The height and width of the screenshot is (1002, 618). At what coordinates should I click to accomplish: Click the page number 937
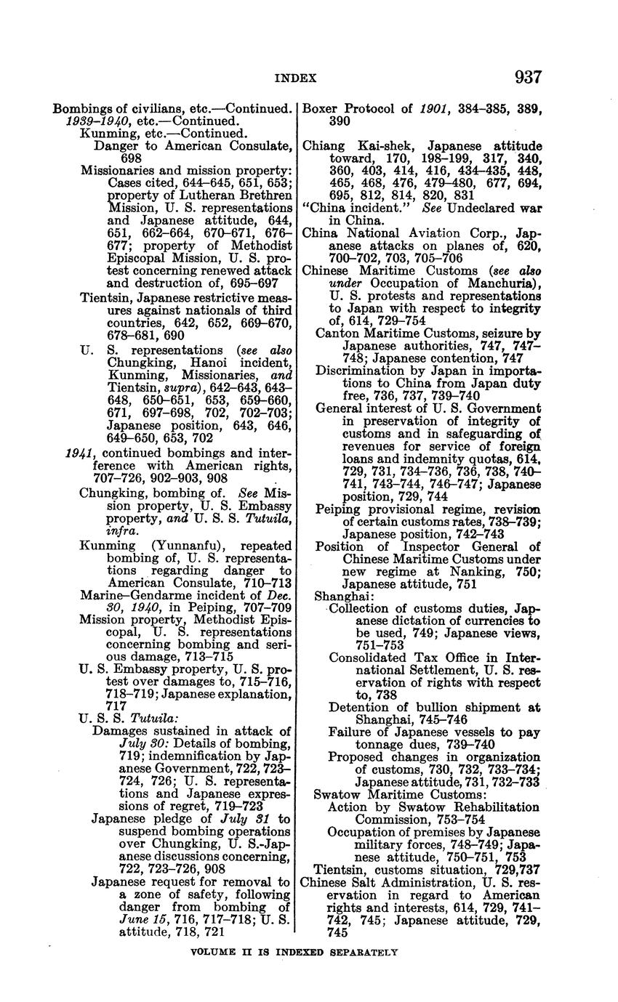528,77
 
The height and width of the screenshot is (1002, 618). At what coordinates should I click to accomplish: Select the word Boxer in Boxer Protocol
319,109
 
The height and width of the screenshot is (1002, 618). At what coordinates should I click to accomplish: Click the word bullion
431,707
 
